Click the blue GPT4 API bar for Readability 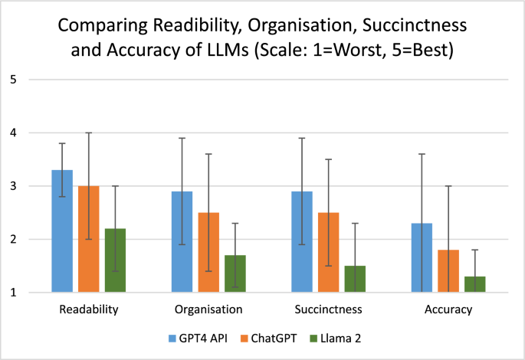click(x=62, y=231)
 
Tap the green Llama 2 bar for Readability click(x=115, y=260)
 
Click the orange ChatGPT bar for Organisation click(x=208, y=252)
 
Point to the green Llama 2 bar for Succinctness click(x=355, y=279)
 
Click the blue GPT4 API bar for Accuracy click(x=422, y=257)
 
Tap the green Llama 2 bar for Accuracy click(x=475, y=284)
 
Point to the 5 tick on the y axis click(x=13, y=80)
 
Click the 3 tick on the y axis click(x=13, y=186)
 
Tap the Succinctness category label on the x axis click(x=328, y=310)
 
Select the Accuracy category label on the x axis click(x=448, y=310)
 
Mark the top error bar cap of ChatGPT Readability click(x=88, y=133)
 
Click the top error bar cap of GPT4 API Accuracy click(x=422, y=154)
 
